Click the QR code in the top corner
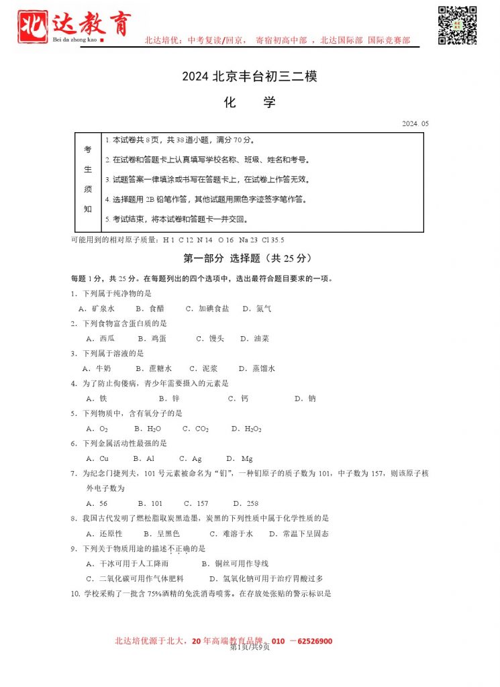(x=457, y=25)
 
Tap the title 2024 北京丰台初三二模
(x=249, y=76)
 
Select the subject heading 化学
(x=249, y=103)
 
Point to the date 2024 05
(x=415, y=123)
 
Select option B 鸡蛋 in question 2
(x=152, y=339)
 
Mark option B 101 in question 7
(x=150, y=503)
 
